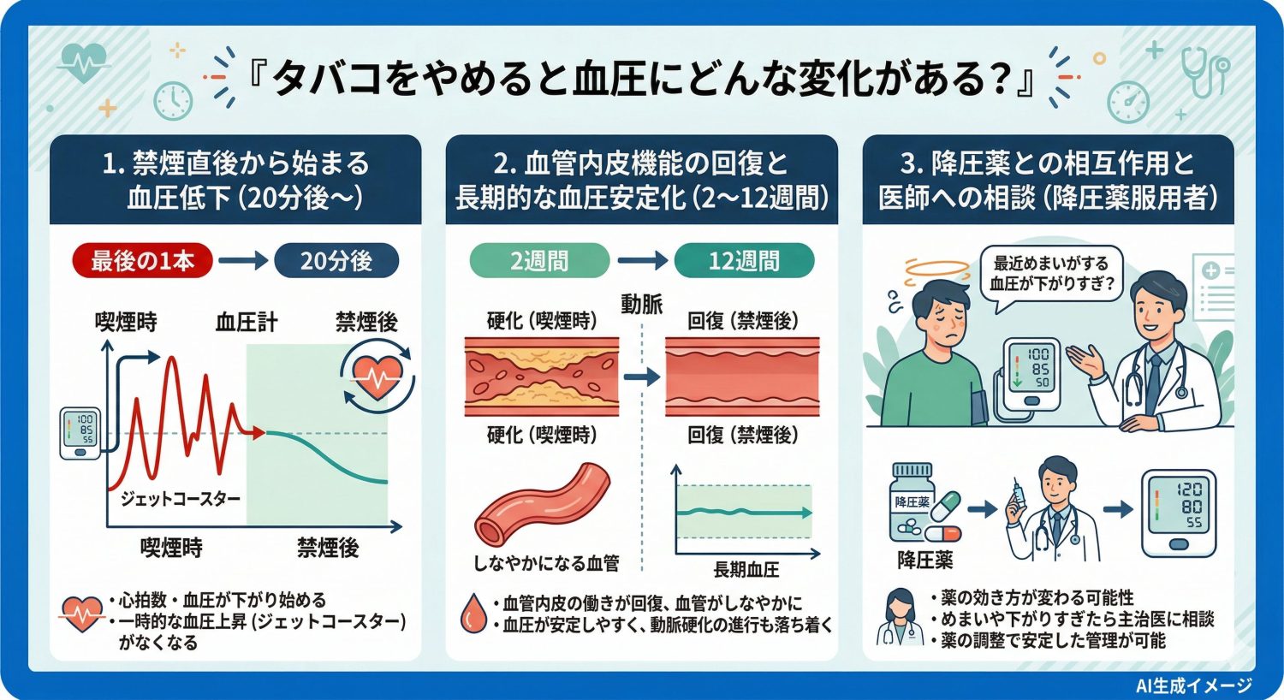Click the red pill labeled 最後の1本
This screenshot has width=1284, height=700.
pos(142,261)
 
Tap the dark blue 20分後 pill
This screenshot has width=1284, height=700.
pos(336,261)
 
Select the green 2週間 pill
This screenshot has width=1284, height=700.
pos(539,261)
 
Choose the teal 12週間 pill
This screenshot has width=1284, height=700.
pos(743,261)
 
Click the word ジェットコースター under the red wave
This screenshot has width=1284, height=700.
pos(180,498)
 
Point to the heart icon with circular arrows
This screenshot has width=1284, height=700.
pos(377,377)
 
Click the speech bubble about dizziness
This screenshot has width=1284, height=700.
pos(1049,274)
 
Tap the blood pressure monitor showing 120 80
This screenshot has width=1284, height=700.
pos(1179,512)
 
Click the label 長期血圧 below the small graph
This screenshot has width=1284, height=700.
pos(746,570)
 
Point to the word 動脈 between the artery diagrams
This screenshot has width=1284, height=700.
pos(641,304)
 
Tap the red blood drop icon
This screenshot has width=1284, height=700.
pos(473,614)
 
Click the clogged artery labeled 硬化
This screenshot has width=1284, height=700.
pos(541,377)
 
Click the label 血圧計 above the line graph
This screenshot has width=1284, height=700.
pos(246,323)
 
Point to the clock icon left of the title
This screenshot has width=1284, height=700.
pos(173,100)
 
